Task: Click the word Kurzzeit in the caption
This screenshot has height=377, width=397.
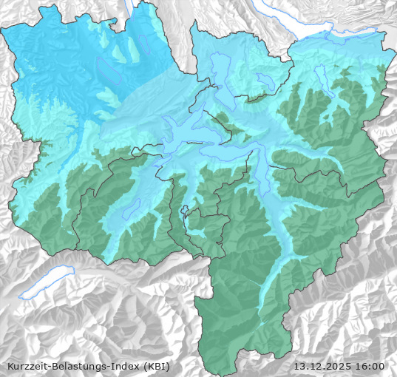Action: coord(27,366)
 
